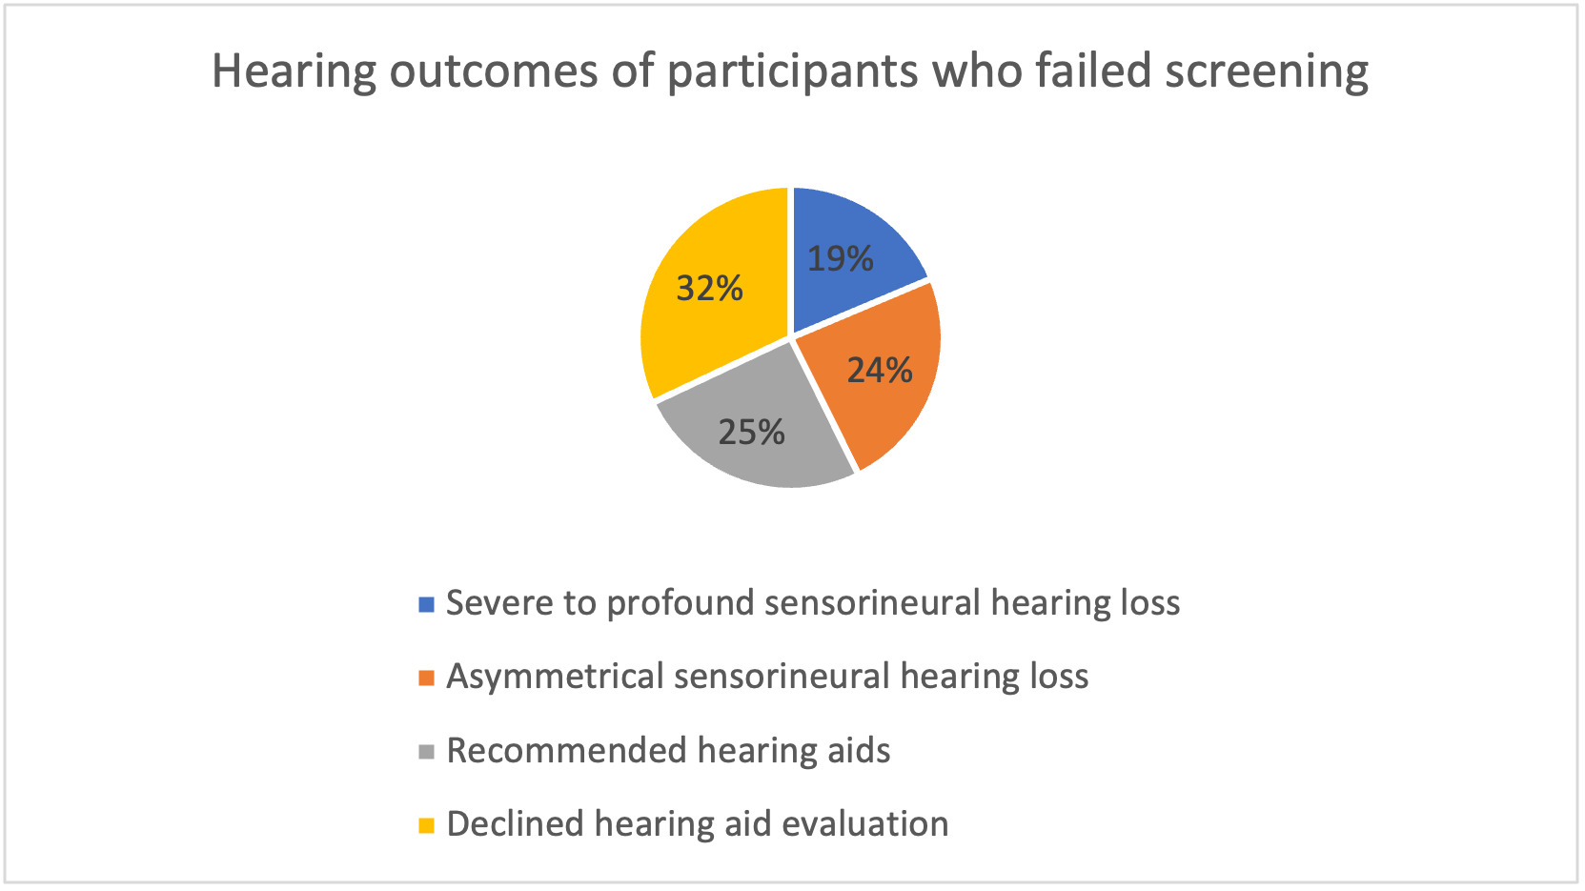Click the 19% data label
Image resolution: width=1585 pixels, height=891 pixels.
(840, 258)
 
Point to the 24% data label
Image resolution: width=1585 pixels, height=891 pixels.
(880, 370)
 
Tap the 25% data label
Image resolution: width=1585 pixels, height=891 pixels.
(751, 432)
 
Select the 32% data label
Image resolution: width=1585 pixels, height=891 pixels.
(710, 288)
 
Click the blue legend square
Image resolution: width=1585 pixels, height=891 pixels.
(426, 604)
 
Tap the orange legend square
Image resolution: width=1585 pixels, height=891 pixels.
(426, 678)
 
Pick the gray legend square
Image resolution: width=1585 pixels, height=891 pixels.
(426, 752)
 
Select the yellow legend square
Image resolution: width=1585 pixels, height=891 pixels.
(426, 825)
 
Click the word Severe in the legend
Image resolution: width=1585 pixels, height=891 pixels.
(499, 603)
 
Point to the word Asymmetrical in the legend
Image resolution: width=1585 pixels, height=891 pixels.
(554, 678)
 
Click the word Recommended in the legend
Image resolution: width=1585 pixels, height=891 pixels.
(566, 750)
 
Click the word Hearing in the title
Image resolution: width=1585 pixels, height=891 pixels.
(294, 72)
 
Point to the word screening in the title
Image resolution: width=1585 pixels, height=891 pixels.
(1267, 72)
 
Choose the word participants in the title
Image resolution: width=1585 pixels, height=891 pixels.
(793, 72)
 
